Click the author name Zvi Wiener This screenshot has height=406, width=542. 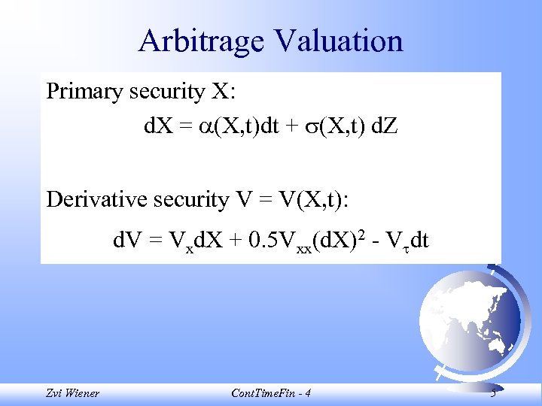[x=72, y=392]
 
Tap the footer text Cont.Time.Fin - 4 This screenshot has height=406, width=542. [x=269, y=392]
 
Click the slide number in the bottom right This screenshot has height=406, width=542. [x=492, y=392]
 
